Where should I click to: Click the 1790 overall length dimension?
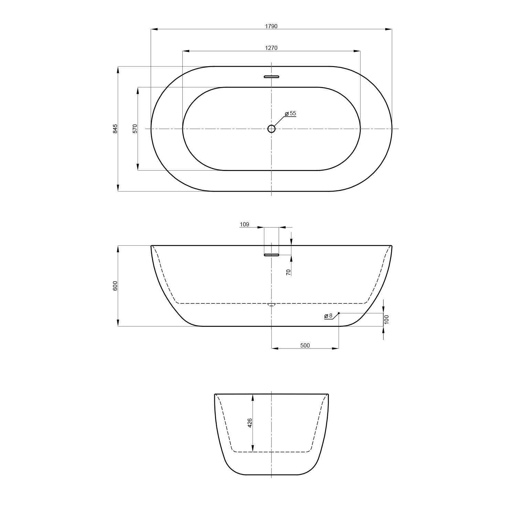[x=271, y=26]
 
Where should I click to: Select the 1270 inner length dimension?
[x=271, y=48]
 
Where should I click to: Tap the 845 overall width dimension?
[x=115, y=129]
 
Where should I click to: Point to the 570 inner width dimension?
[x=135, y=129]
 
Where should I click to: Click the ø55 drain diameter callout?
[x=290, y=113]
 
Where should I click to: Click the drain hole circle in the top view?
[x=271, y=129]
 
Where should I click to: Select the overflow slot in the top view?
[x=271, y=77]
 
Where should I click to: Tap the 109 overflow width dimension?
[x=244, y=224]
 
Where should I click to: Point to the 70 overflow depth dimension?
[x=289, y=272]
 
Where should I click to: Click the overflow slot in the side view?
[x=271, y=255]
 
